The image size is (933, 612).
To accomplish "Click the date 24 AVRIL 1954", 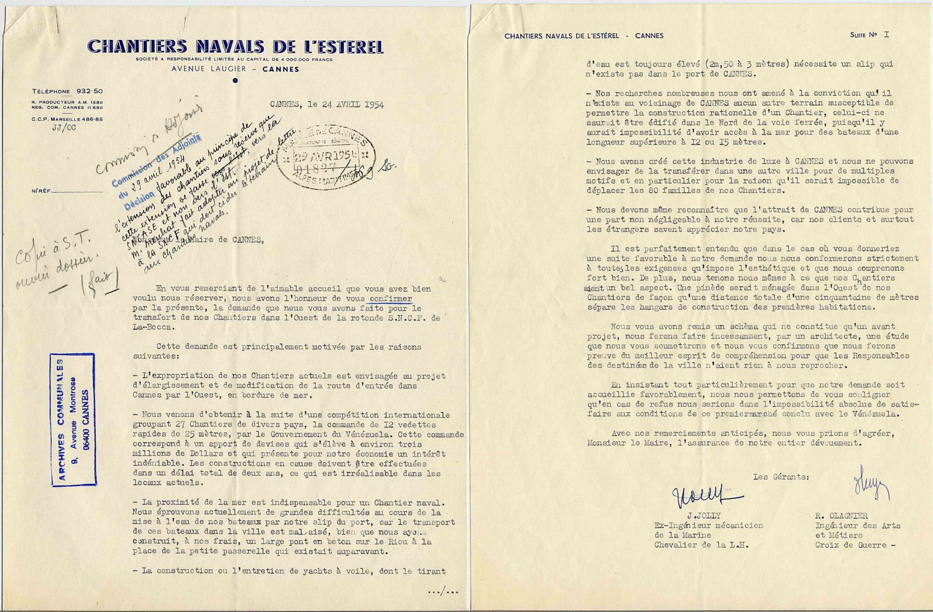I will point(345,104).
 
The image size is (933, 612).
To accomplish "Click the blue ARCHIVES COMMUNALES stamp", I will point(73,419).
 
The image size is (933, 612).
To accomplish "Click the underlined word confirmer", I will point(390,299).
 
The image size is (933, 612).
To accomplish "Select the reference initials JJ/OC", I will point(64,128).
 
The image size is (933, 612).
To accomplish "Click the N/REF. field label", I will point(41,191).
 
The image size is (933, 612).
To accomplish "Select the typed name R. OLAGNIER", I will point(841,516).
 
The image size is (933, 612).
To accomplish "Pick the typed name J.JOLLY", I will point(703,516).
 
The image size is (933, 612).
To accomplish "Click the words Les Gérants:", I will point(781,477).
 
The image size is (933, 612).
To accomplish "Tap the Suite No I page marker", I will point(869,35).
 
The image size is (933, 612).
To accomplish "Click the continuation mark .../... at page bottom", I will point(443,592).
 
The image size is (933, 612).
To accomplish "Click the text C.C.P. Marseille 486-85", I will point(67,119).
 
